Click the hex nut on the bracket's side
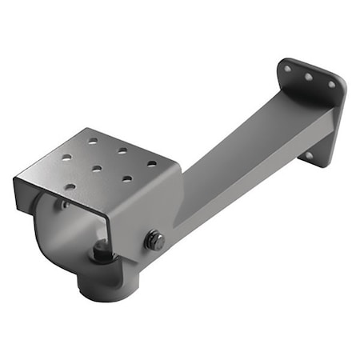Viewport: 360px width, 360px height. (x=154, y=240)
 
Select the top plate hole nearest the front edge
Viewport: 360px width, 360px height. (x=70, y=186)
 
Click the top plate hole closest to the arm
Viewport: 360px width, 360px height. (x=151, y=164)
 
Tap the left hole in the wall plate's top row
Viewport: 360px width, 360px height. (x=287, y=69)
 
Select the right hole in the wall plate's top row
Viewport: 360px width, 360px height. (x=330, y=84)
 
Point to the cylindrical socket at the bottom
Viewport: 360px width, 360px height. (x=104, y=285)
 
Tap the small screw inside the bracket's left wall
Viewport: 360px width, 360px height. (x=62, y=206)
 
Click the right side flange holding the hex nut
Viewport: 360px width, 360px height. (x=148, y=224)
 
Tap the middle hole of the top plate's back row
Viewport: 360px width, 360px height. (x=122, y=150)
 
